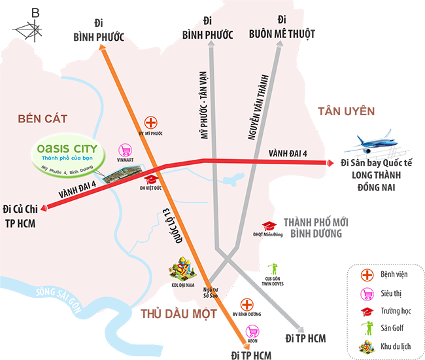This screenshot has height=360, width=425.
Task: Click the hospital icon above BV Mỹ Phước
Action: (x=150, y=122)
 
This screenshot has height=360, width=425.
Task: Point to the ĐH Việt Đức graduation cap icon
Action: (x=150, y=179)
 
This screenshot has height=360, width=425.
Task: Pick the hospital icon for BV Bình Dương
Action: (x=246, y=304)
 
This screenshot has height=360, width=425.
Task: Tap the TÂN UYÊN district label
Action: (x=346, y=111)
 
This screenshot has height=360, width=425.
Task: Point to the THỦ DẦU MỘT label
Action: (x=178, y=314)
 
